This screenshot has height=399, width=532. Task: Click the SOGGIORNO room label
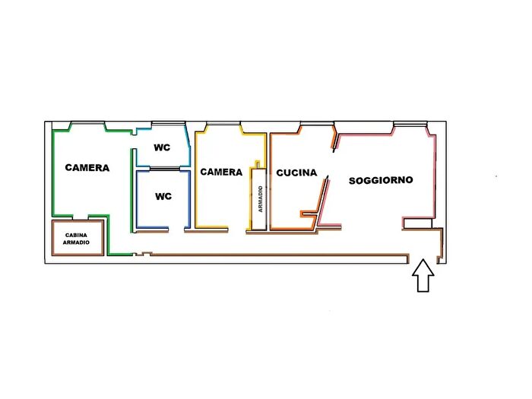381,180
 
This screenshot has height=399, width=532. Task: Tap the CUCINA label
296,173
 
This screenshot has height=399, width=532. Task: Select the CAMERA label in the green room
87,168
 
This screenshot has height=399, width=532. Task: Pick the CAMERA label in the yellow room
221,172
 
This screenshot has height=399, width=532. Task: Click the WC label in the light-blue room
162,147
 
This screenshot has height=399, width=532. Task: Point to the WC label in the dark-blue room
163,196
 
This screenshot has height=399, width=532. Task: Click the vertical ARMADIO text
260,199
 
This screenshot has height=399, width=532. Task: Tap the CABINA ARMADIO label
76,239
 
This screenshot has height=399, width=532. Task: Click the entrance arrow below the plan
423,275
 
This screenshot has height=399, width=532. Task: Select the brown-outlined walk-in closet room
78,238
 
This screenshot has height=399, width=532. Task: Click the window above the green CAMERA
87,123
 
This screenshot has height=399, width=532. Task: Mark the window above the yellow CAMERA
223,123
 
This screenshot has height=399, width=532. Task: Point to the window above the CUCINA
317,123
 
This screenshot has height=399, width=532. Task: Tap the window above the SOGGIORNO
410,124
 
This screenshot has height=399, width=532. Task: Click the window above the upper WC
168,123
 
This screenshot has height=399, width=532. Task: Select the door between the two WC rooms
165,169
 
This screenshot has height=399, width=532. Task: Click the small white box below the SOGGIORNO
417,223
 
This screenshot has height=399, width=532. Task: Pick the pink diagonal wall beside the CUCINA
323,200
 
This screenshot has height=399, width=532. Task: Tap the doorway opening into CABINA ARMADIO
81,217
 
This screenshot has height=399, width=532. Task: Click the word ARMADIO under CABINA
76,242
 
